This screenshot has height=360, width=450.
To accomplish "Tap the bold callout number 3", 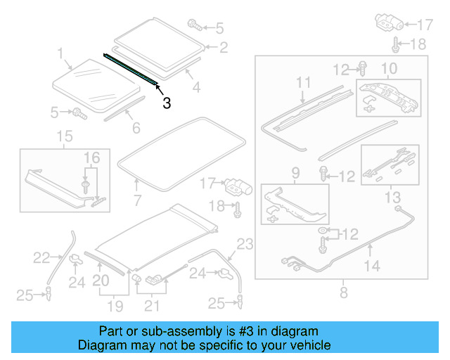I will [x=167, y=103].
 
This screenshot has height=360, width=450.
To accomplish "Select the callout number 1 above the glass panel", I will [x=60, y=53].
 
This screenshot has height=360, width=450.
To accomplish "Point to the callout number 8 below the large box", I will [x=343, y=290].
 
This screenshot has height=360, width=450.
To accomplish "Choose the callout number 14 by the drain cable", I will [x=372, y=266].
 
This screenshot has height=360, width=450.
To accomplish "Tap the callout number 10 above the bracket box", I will [x=388, y=68].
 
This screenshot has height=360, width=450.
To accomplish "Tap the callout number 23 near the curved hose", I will [x=244, y=245].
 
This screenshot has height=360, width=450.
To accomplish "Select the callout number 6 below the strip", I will [x=136, y=128].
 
